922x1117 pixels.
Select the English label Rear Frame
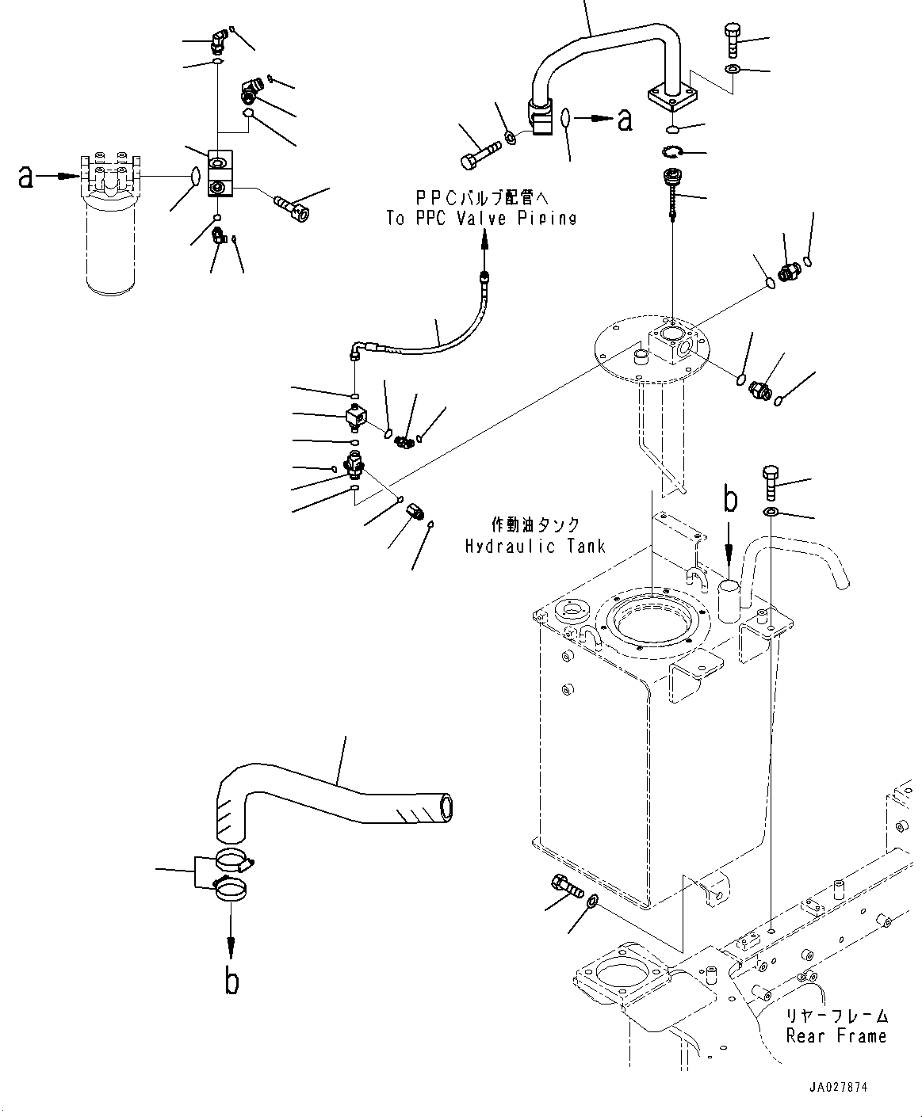[836, 1035]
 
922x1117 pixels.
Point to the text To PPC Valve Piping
[481, 219]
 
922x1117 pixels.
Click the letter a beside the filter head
[25, 177]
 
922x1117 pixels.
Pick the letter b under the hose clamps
[231, 981]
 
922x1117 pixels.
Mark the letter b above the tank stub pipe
[730, 500]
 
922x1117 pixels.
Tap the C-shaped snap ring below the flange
[672, 152]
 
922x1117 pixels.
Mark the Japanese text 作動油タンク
[535, 524]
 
